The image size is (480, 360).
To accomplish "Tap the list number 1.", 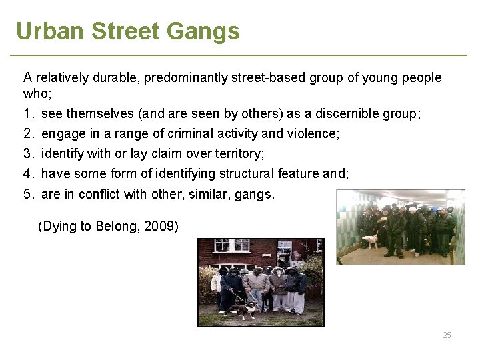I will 28,114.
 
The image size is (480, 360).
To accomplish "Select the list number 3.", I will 28,154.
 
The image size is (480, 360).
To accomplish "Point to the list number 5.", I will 28,195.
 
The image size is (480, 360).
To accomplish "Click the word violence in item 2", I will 313,134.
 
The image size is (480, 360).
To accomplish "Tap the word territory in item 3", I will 238,154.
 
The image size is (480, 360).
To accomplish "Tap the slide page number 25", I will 447,335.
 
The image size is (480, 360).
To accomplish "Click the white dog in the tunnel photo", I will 369,239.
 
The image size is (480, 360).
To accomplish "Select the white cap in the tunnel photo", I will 413,209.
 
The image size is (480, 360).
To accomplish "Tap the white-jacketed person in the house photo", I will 215,283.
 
